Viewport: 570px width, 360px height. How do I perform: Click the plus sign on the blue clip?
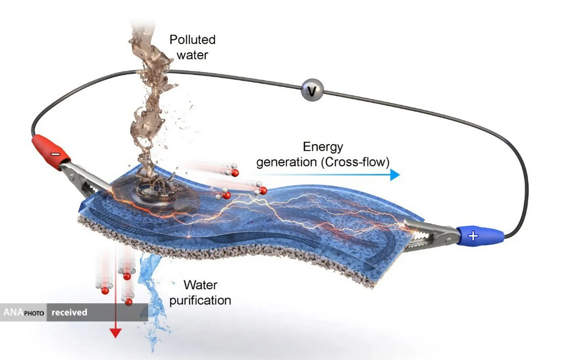tap(473, 236)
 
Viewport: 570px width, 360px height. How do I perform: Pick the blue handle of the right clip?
tap(479, 236)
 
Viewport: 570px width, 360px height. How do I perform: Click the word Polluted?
tap(192, 40)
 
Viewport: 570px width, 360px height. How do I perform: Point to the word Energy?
tap(323, 147)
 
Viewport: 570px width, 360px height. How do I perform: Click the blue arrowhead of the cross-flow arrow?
tap(395, 175)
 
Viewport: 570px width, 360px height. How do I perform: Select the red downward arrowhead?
tap(115, 333)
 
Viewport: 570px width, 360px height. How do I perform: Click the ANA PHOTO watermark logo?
tap(23, 312)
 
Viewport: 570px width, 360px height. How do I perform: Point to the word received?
tap(70, 312)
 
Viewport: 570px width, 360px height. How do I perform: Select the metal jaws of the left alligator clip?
tap(83, 176)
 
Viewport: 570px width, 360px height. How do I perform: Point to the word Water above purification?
tap(200, 286)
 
